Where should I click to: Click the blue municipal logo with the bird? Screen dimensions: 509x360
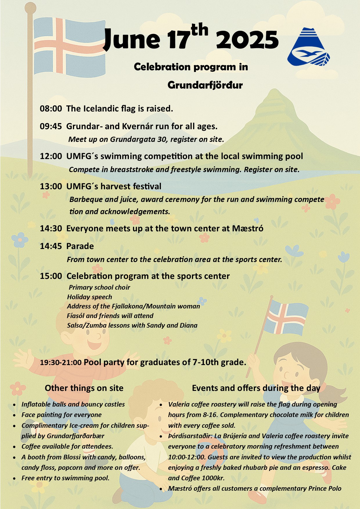point(308,47)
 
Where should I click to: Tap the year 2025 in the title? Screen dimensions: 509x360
point(247,40)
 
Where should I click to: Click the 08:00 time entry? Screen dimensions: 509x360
point(51,109)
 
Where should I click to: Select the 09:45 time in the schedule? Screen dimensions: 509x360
point(51,126)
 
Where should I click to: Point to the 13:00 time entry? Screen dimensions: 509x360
point(51,186)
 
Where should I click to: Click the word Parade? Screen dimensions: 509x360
point(80,246)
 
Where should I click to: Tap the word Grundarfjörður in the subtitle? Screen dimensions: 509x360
point(205,85)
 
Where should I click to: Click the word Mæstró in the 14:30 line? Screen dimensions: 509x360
point(248,228)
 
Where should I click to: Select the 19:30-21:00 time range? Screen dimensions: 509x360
point(61,362)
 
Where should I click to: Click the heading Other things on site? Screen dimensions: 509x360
point(84,388)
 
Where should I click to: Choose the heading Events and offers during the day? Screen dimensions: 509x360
point(256,388)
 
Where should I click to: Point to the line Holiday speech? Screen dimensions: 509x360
point(89,297)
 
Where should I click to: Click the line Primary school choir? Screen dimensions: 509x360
point(99,287)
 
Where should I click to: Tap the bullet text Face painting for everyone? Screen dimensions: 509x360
point(62,415)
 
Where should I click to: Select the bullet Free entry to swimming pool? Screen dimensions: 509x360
point(65,478)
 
